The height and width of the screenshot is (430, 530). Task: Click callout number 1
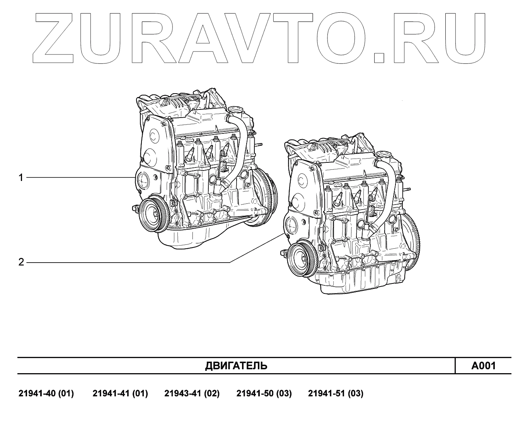pyautogui.click(x=21, y=177)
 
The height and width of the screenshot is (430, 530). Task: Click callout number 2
pyautogui.click(x=21, y=263)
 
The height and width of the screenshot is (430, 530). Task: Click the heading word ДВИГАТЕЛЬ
pyautogui.click(x=236, y=366)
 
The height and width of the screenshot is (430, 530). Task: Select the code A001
pyautogui.click(x=483, y=366)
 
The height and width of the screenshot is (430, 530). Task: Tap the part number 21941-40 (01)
pyautogui.click(x=46, y=394)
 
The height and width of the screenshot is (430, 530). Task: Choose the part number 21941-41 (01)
pyautogui.click(x=120, y=394)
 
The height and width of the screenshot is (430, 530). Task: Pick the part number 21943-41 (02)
pyautogui.click(x=192, y=394)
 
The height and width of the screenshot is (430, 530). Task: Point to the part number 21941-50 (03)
pyautogui.click(x=264, y=394)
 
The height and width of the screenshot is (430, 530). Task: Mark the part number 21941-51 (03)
pyautogui.click(x=336, y=394)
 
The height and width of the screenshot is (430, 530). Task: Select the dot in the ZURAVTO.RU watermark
pyautogui.click(x=379, y=57)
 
